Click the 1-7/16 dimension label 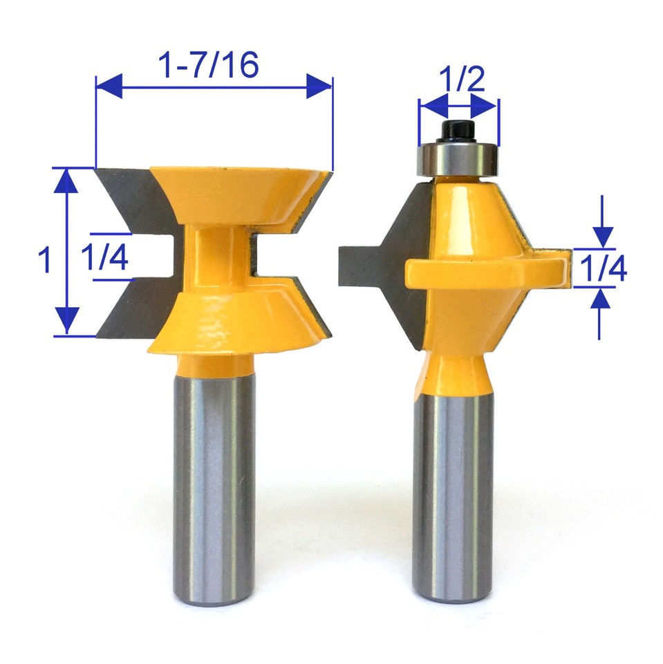point(209,65)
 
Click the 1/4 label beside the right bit point(603,268)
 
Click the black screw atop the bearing point(458,129)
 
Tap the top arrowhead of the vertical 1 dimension point(67,181)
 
